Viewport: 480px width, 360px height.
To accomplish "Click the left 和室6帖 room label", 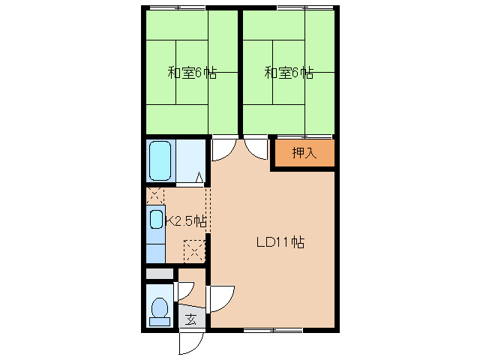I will [192, 73].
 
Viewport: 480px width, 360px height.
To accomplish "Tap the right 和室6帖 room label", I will [289, 73].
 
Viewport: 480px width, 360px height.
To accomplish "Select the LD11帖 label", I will [280, 242].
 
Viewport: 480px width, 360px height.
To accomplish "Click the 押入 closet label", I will [303, 153].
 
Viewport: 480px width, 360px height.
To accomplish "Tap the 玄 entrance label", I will [191, 319].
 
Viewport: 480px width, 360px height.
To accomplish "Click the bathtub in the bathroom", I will [160, 160].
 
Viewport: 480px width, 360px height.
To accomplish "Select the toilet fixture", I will [159, 310].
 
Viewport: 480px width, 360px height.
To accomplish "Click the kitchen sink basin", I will [156, 220].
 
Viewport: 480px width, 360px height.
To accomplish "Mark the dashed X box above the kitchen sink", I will [154, 196].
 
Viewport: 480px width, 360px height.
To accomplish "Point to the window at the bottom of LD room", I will [272, 329].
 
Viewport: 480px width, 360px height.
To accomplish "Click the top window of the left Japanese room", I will [177, 7].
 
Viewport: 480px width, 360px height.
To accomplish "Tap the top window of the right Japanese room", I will [304, 7].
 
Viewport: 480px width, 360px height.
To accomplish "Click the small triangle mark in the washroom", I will [199, 178].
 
